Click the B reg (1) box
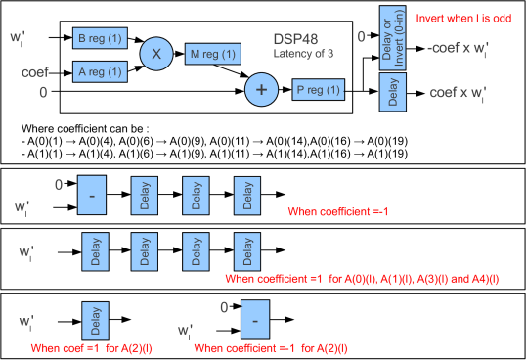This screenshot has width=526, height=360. (x=99, y=38)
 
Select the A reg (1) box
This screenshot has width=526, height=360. (x=99, y=71)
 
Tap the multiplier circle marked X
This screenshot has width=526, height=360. (x=155, y=54)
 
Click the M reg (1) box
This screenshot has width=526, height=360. (x=210, y=55)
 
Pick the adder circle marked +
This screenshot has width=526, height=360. (x=260, y=90)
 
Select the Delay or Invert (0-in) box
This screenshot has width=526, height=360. (x=392, y=38)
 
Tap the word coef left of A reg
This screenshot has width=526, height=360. (x=35, y=71)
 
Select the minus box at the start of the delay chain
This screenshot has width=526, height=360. (x=91, y=194)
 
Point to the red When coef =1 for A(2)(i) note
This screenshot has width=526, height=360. (x=91, y=347)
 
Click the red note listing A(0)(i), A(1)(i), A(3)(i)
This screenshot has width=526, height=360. (x=362, y=279)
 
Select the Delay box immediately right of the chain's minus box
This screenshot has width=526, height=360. (x=144, y=194)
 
